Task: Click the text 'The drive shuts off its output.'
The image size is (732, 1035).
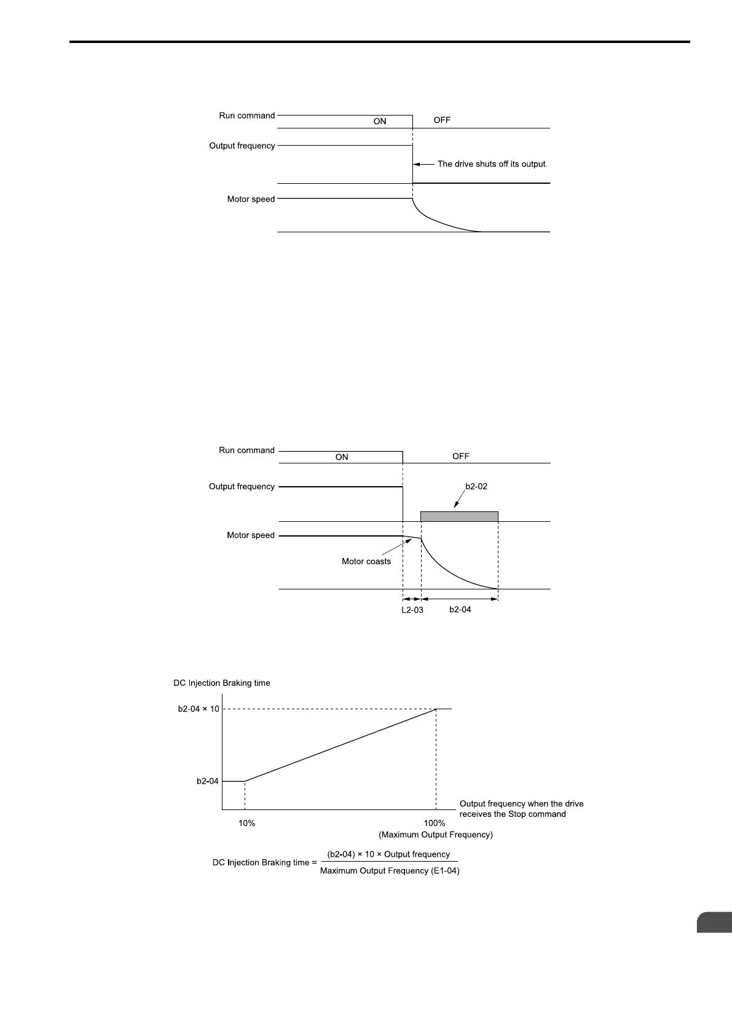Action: (x=492, y=164)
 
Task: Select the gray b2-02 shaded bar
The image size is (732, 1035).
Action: (x=459, y=516)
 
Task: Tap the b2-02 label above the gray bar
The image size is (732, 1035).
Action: (x=476, y=486)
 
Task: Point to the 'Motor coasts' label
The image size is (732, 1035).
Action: (x=366, y=561)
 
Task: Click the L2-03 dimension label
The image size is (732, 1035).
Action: (x=412, y=610)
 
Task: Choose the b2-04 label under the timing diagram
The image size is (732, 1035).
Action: (x=460, y=610)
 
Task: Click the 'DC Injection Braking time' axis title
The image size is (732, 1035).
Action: (x=222, y=683)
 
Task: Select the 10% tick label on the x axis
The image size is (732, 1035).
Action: (x=246, y=824)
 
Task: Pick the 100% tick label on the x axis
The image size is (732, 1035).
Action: (x=435, y=824)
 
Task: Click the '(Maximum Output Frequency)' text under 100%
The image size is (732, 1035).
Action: (x=436, y=835)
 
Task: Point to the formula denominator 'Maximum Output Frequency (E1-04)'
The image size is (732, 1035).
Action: (x=390, y=871)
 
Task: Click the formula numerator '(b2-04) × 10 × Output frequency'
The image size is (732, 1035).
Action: (x=388, y=854)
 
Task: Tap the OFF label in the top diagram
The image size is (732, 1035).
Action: (x=442, y=120)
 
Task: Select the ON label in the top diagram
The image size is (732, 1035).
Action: (x=380, y=122)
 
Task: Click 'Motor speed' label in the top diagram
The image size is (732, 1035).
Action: (x=251, y=199)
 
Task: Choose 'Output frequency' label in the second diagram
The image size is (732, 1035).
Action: (x=242, y=487)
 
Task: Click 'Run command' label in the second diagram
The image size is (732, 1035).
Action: (x=246, y=451)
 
